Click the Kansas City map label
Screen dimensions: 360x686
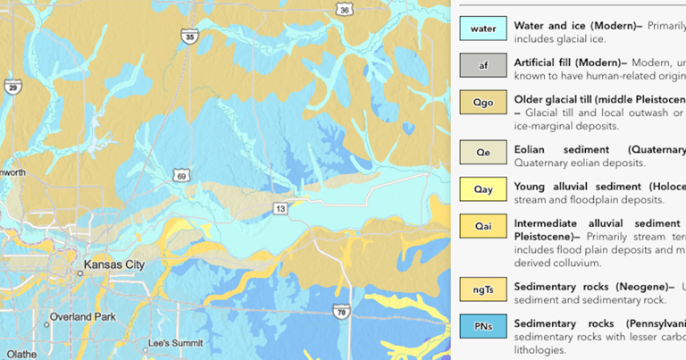click(113, 265)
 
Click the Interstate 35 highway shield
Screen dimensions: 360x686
click(188, 37)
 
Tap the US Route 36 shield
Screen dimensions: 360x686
click(344, 10)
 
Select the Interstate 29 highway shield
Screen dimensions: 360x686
click(12, 87)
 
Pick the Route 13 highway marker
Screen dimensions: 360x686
click(280, 208)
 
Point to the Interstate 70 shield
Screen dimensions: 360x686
click(339, 311)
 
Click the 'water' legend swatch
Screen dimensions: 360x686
click(483, 28)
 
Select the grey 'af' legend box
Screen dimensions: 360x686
click(483, 64)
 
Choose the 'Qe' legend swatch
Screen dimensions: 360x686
click(483, 152)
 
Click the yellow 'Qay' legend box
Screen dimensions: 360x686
click(483, 189)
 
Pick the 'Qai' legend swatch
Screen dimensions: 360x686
click(483, 227)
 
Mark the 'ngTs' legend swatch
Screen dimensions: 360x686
click(483, 289)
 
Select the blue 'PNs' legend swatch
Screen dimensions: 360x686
click(483, 326)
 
